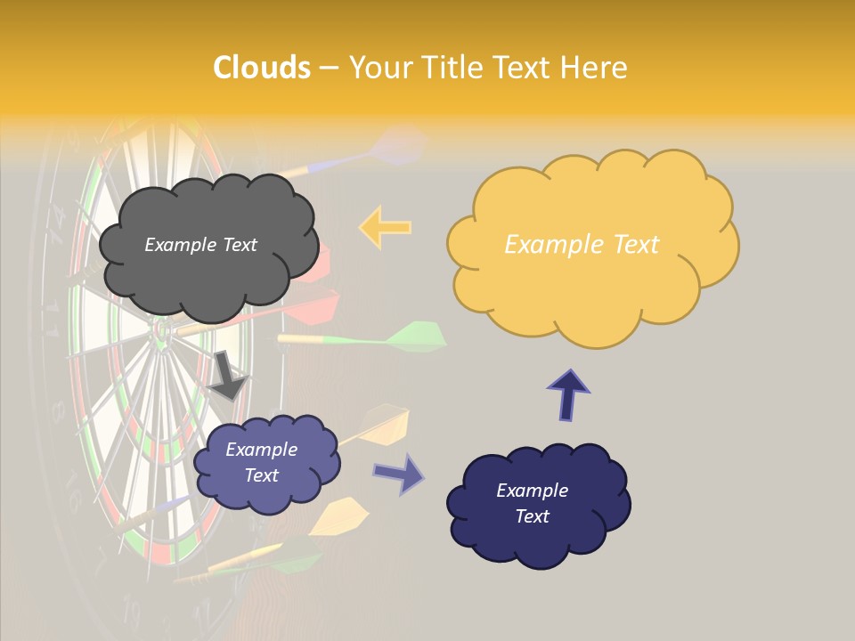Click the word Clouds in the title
(262, 67)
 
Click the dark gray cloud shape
(208, 267)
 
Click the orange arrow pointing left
(385, 227)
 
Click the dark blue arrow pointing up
(568, 394)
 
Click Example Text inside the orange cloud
(582, 245)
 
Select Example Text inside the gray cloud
(200, 245)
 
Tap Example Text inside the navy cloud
(532, 503)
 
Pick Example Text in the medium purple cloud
(261, 462)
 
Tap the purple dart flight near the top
(399, 144)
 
